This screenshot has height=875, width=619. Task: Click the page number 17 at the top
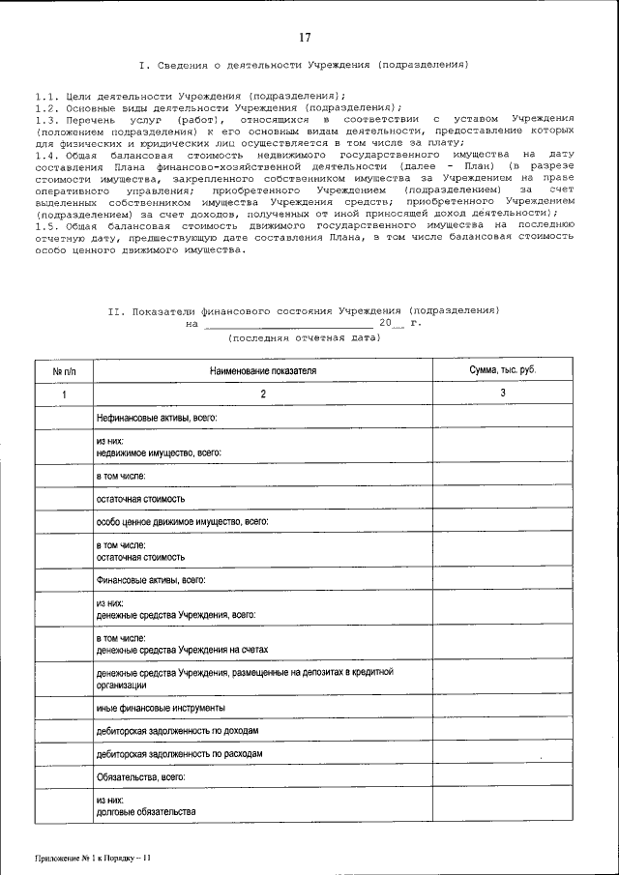305,38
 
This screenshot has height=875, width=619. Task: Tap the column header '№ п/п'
64,370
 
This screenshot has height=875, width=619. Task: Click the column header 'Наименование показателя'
262,370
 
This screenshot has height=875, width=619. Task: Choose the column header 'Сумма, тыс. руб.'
502,370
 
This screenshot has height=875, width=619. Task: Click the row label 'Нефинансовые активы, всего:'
156,417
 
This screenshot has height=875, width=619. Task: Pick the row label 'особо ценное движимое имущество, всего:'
182,521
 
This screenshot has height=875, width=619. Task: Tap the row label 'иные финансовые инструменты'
154,708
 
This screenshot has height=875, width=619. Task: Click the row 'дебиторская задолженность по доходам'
177,731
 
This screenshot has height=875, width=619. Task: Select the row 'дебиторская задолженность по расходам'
180,753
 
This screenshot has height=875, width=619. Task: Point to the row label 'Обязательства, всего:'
140,776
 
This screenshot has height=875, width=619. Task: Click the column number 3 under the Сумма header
502,394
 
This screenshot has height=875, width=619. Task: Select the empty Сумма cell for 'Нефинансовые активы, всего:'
502,417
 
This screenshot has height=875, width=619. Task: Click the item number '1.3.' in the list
45,118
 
